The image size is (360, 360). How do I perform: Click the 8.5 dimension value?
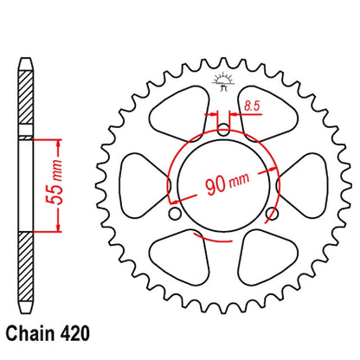[252, 106]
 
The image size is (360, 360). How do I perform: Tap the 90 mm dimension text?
[228, 183]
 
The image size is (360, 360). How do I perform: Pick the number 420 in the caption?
[75, 334]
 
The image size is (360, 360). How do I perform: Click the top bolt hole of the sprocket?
[223, 129]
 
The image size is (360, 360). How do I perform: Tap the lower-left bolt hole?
[175, 214]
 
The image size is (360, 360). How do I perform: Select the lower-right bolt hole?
[272, 214]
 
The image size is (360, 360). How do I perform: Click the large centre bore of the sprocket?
[223, 185]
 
